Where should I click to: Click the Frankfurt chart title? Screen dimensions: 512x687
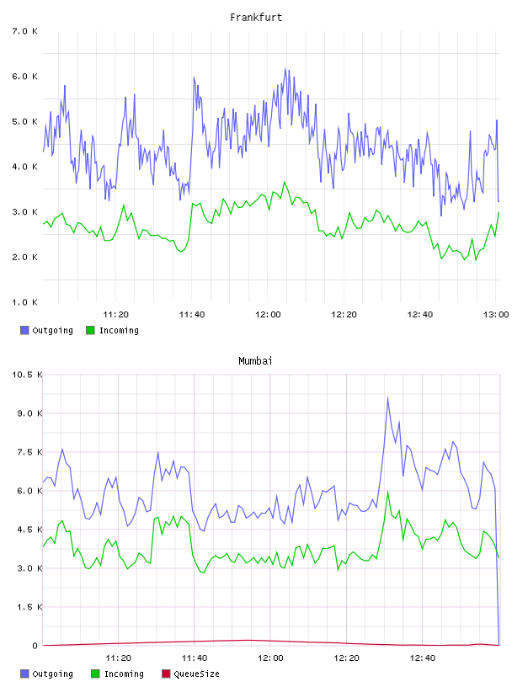pyautogui.click(x=256, y=18)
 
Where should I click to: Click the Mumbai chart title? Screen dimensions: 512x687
pyautogui.click(x=255, y=361)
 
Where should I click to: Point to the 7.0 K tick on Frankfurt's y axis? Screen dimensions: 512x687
pyautogui.click(x=25, y=31)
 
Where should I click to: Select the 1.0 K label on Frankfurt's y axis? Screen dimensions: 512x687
pyautogui.click(x=25, y=302)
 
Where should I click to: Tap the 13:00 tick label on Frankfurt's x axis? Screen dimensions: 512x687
pyautogui.click(x=496, y=314)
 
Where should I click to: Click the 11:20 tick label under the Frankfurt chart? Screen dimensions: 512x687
pyautogui.click(x=115, y=314)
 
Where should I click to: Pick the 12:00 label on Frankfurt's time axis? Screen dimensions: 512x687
pyautogui.click(x=268, y=314)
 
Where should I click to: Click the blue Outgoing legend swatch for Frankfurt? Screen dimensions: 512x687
pyautogui.click(x=24, y=330)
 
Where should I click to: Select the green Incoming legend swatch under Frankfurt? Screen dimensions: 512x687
pyautogui.click(x=90, y=330)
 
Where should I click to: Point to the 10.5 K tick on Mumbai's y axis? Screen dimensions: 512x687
pyautogui.click(x=27, y=375)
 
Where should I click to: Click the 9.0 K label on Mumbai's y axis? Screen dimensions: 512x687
pyautogui.click(x=29, y=413)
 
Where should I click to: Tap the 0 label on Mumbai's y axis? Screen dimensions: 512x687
pyautogui.click(x=35, y=646)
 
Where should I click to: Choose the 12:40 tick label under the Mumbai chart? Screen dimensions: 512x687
pyautogui.click(x=423, y=658)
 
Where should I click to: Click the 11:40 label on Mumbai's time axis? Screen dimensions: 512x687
pyautogui.click(x=195, y=658)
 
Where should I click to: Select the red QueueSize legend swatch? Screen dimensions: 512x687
pyautogui.click(x=166, y=674)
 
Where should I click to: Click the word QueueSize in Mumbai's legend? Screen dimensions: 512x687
pyautogui.click(x=196, y=674)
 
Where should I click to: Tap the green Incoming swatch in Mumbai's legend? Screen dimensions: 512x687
pyautogui.click(x=95, y=674)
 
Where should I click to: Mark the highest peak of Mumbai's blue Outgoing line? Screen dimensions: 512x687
pyautogui.click(x=387, y=397)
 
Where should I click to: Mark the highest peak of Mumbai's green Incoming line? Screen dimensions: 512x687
pyautogui.click(x=387, y=491)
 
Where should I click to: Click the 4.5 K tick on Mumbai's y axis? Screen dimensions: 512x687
pyautogui.click(x=29, y=530)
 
